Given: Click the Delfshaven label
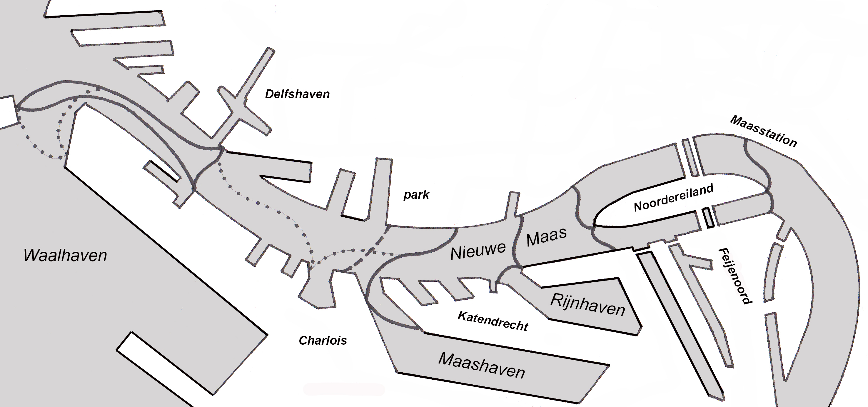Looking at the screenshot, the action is [x=297, y=94].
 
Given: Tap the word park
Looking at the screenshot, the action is [x=416, y=195].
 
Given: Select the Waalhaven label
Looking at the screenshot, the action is [x=65, y=255].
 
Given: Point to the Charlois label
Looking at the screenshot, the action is [x=323, y=341].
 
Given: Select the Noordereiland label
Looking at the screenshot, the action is [x=674, y=198].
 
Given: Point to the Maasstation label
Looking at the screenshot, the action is [x=764, y=131].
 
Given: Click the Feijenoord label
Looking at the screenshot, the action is [x=735, y=276].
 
